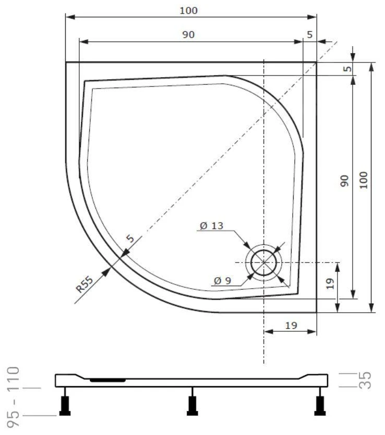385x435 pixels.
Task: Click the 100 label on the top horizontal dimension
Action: [188, 10]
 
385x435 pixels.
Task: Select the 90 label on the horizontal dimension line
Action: [188, 35]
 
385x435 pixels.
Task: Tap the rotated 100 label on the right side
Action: [364, 180]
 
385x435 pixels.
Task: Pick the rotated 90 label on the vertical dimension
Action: [344, 181]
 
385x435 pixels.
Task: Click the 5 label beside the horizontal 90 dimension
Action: [310, 35]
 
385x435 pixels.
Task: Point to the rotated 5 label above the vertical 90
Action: [347, 69]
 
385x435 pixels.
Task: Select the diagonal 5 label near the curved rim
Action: [130, 238]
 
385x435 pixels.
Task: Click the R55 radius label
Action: [85, 284]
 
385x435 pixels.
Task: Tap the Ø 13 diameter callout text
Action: [212, 226]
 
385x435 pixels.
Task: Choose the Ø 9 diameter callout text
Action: [223, 281]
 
